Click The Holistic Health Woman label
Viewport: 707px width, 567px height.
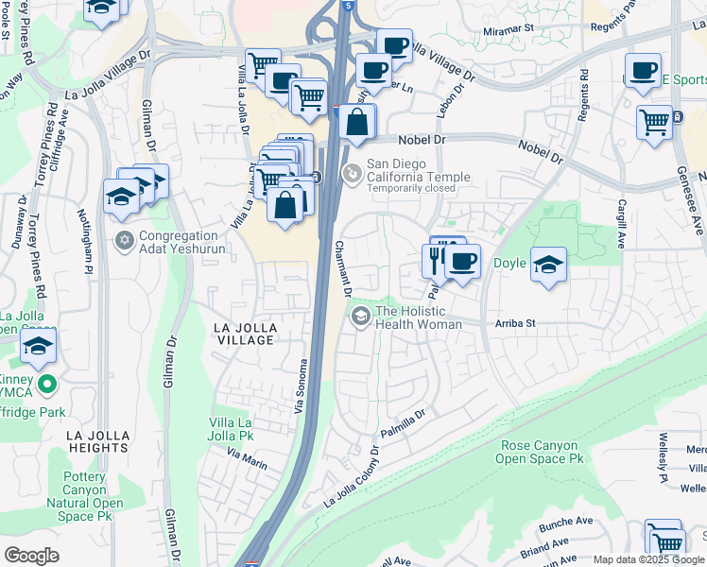[419, 318]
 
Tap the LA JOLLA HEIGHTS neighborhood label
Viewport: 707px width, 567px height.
[104, 442]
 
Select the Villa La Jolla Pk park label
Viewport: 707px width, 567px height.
[232, 429]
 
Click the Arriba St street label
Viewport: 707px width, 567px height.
[515, 323]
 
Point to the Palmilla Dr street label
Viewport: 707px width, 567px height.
[404, 423]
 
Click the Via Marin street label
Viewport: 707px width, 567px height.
[247, 459]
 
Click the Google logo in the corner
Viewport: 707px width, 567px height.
[31, 556]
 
